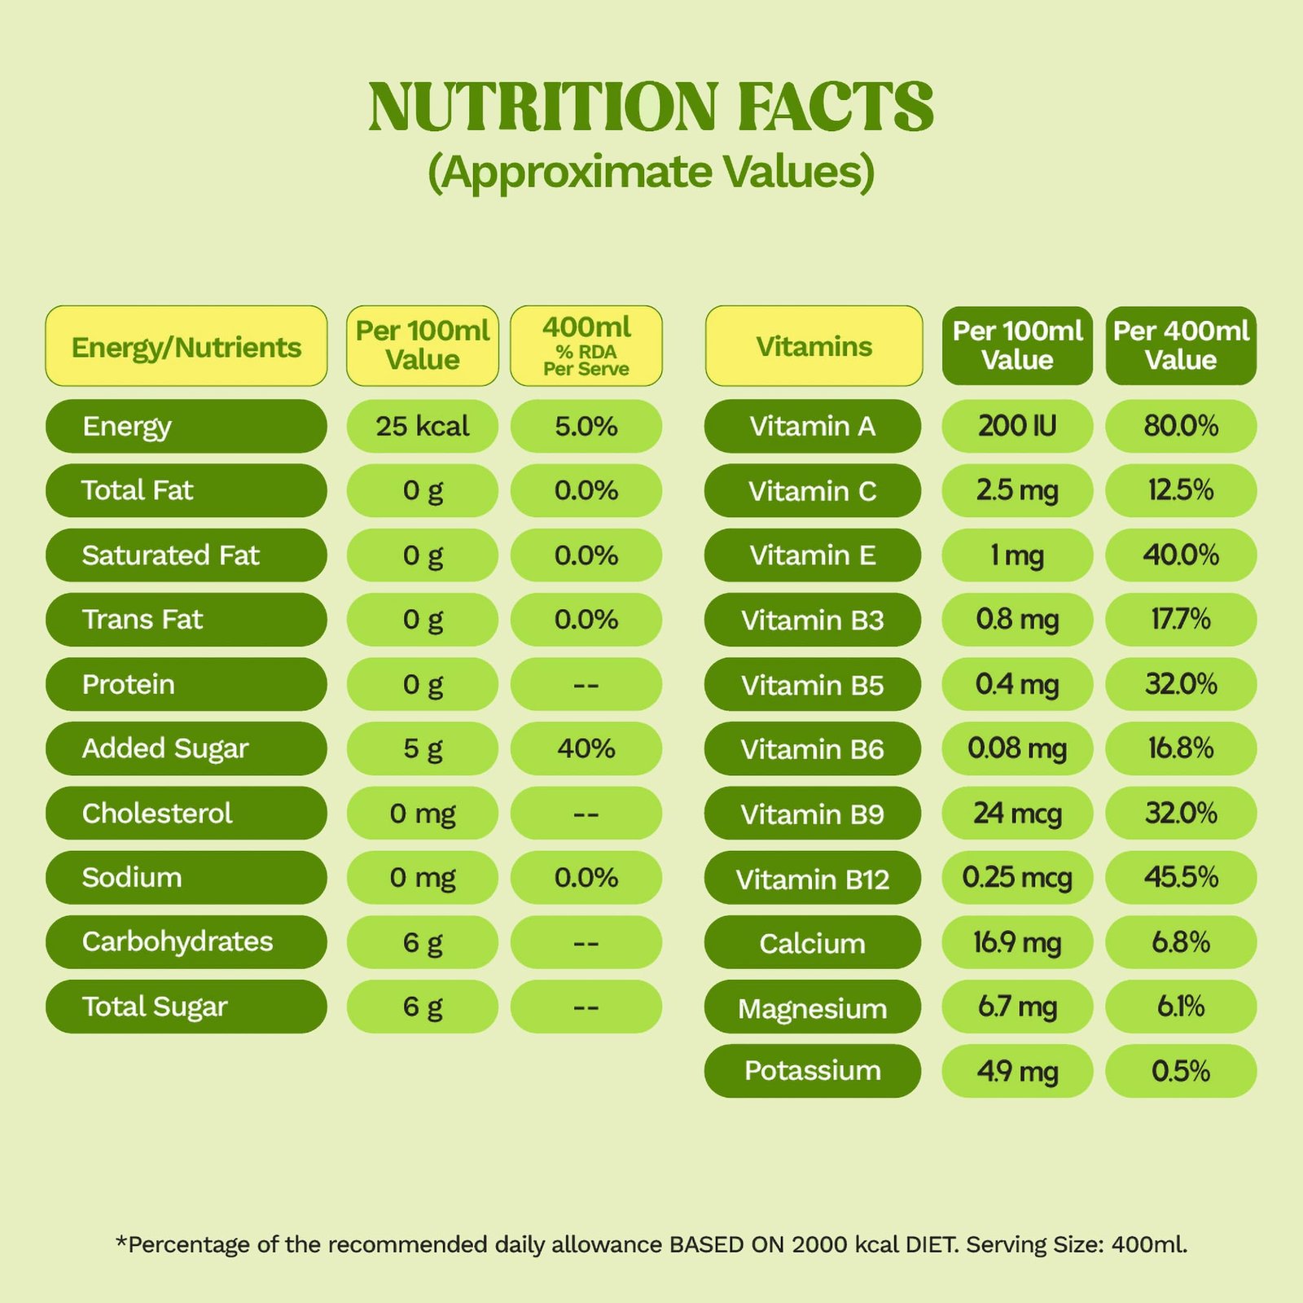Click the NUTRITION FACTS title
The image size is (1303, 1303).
(651, 107)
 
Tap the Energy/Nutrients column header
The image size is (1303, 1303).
(186, 346)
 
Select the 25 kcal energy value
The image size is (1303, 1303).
(422, 426)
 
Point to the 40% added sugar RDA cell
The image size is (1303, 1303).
(586, 748)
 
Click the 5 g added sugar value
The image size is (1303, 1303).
(422, 748)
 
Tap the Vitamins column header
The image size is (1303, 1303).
(814, 346)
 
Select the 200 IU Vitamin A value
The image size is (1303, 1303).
(1017, 426)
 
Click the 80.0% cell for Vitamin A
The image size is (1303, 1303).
(1181, 426)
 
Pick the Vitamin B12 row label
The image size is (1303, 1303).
(813, 879)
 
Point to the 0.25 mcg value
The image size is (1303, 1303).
(1017, 877)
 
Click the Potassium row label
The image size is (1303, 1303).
(813, 1071)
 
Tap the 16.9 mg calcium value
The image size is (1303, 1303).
(1017, 942)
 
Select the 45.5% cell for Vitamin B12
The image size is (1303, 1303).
(1181, 877)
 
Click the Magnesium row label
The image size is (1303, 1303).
(813, 1008)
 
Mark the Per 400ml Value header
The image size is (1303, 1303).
(1181, 346)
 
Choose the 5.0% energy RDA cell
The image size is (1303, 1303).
(586, 426)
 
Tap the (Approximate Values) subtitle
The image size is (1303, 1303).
(651, 173)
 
